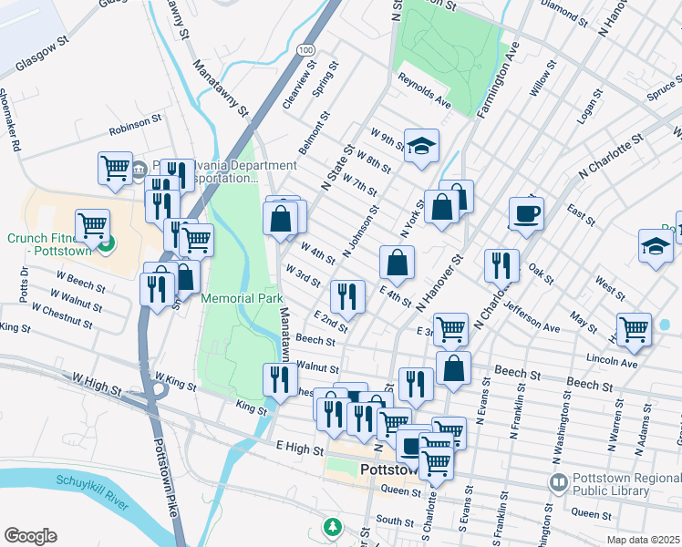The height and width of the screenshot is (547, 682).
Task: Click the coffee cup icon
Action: tap(526, 215)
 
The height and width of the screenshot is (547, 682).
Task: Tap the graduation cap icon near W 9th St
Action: tap(421, 146)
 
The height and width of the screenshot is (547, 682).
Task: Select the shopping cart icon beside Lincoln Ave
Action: tap(634, 328)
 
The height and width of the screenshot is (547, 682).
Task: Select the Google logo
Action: tap(30, 536)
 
